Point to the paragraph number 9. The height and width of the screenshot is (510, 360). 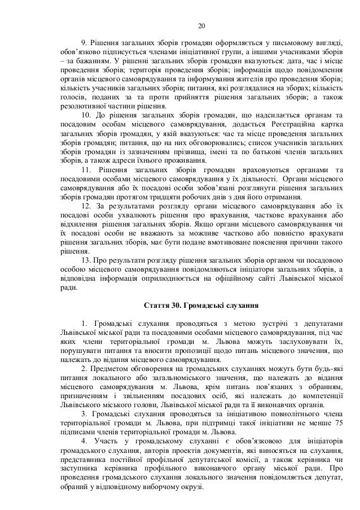tap(85, 43)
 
